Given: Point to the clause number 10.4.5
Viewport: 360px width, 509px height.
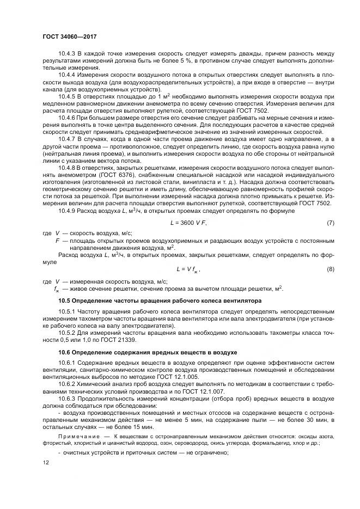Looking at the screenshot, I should (67, 96).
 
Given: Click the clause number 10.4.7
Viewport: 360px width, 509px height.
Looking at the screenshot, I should (67, 139).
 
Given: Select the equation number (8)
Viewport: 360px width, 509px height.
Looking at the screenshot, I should (330, 269).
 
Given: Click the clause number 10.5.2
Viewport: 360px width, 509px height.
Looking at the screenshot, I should (67, 332).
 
